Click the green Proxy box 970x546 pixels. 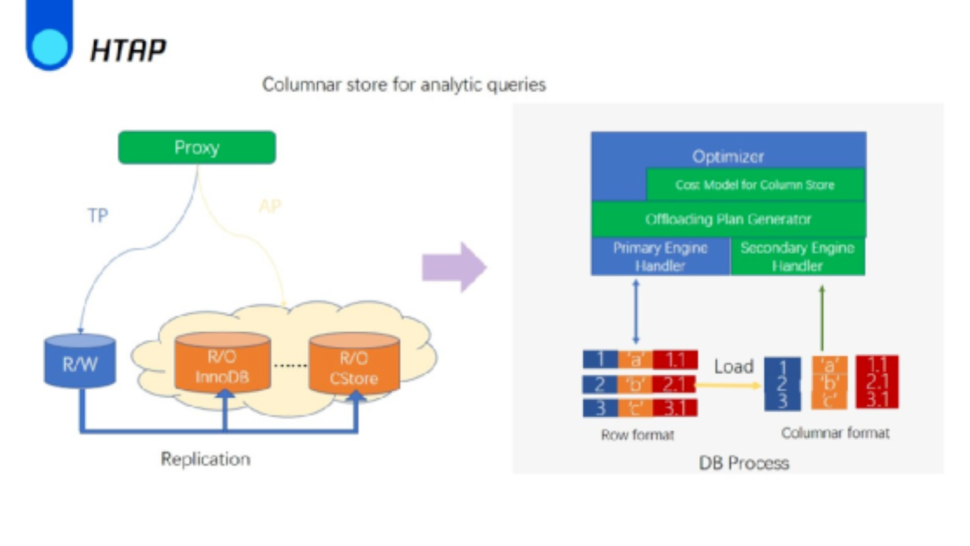[x=197, y=148]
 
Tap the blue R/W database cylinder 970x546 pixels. [x=80, y=363]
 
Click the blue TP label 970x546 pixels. [x=97, y=216]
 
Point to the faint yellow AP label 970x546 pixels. [x=269, y=206]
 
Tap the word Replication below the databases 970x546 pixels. [x=205, y=459]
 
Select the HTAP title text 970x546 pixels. [x=128, y=50]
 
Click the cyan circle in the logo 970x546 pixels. [x=49, y=46]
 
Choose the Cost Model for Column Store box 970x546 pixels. [x=755, y=185]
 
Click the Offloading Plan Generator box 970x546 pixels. [x=728, y=220]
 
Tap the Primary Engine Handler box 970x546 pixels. [x=660, y=256]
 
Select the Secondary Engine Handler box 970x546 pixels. [x=797, y=256]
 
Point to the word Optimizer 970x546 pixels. [x=728, y=156]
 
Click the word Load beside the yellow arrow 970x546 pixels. [x=734, y=367]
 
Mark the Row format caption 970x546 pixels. [x=637, y=435]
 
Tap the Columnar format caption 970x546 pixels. [x=835, y=433]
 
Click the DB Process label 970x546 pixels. [x=744, y=463]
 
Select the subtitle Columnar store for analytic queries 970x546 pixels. [x=404, y=85]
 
